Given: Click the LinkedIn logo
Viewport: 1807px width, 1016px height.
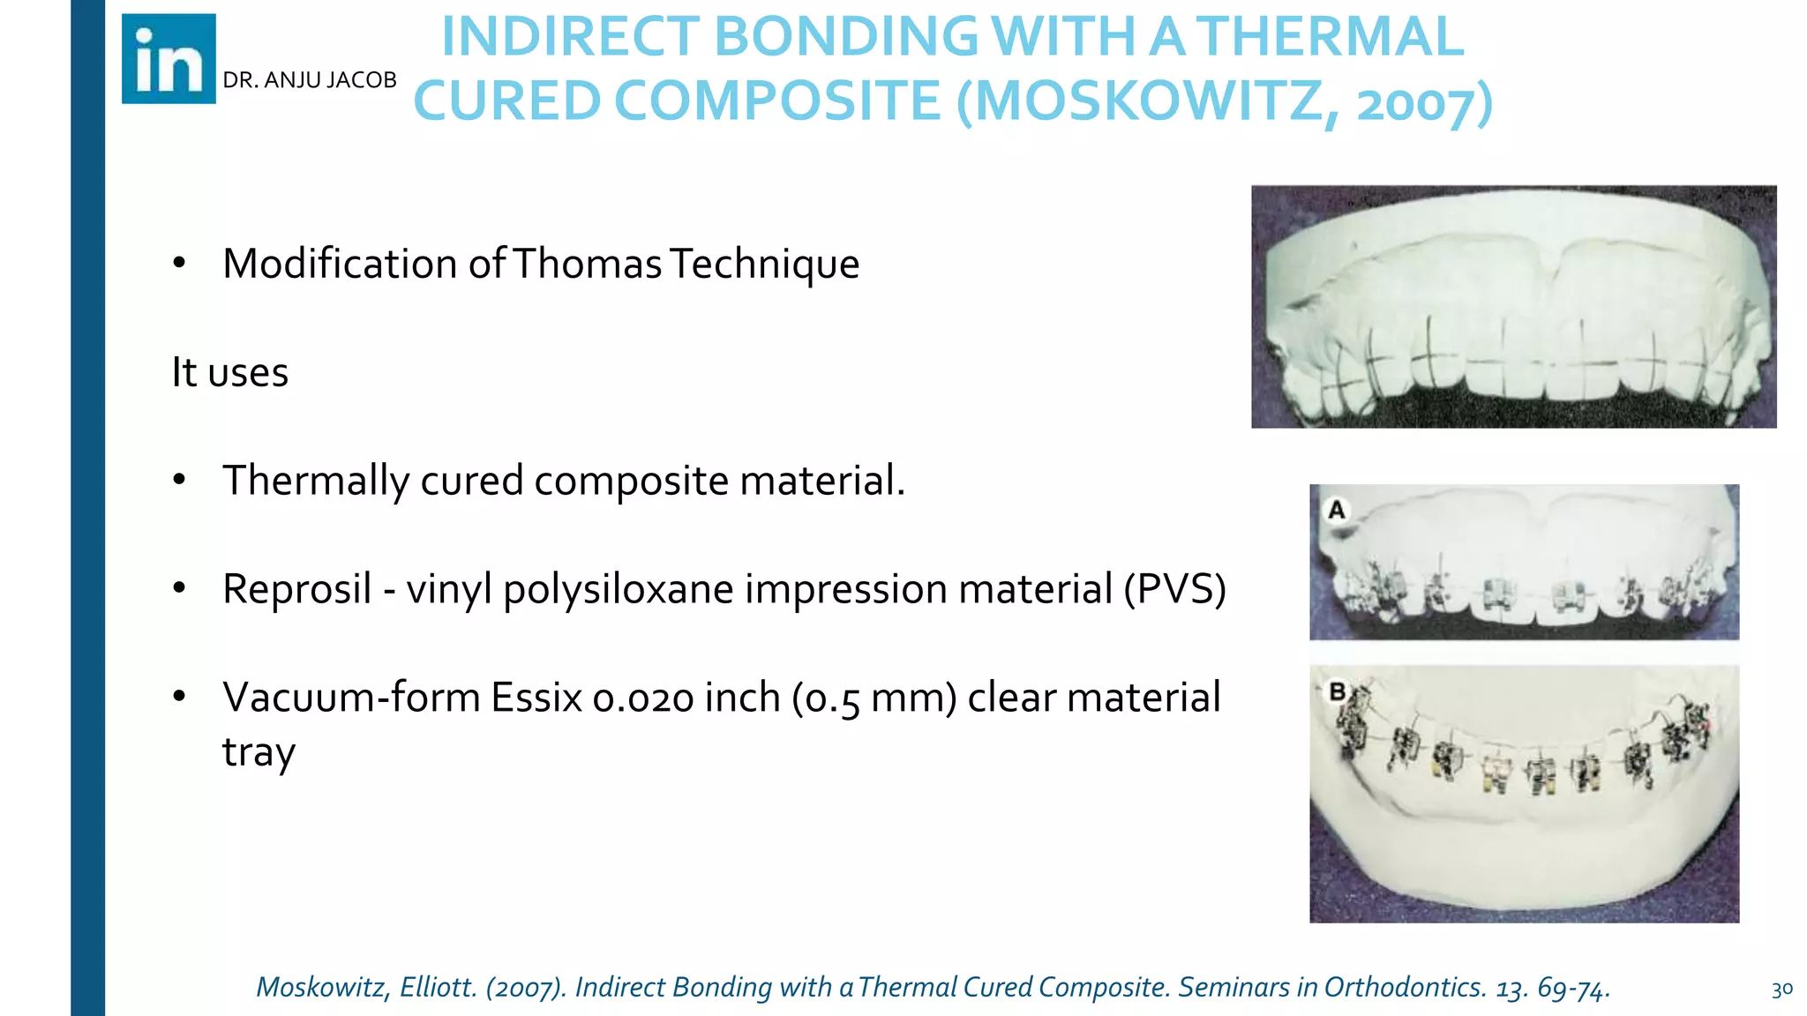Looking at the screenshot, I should click(169, 59).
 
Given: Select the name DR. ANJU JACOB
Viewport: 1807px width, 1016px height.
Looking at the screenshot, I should click(309, 80).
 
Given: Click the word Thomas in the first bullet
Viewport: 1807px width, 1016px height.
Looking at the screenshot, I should click(587, 264).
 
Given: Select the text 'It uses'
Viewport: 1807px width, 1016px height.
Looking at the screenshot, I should click(229, 372).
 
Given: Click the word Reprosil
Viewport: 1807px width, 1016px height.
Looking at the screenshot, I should click(296, 589).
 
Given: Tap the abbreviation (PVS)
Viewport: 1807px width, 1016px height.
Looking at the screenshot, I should click(1174, 589).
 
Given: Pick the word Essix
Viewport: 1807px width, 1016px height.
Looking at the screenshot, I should click(536, 698).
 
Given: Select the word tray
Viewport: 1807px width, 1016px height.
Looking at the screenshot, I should click(259, 753).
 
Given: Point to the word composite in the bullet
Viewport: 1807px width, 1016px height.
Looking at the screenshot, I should click(631, 481).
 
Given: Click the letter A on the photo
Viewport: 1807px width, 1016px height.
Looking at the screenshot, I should click(1337, 510).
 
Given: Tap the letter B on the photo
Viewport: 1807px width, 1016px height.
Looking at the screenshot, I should click(1338, 692).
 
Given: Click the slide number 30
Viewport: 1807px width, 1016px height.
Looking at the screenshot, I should click(1781, 990).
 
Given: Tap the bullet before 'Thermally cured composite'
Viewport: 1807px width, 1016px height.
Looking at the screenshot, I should click(179, 480).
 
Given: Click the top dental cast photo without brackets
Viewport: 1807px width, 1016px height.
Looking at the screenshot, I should click(1513, 306).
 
